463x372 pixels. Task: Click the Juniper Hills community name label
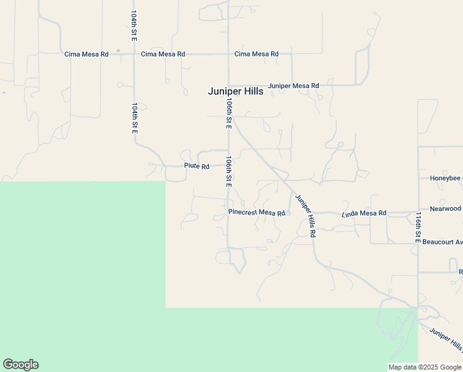pos(235,91)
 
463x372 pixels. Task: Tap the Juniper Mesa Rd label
pos(293,86)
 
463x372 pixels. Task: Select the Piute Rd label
pos(197,166)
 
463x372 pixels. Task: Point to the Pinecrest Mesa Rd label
pos(257,213)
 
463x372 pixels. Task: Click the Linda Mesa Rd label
pos(364,213)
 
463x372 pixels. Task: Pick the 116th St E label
pos(418,228)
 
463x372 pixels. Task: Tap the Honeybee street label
pos(446,178)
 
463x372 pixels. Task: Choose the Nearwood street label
pos(446,209)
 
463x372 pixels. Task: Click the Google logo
pos(20,365)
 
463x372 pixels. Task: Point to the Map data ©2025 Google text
pos(425,367)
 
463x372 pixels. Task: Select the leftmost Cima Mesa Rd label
pos(87,55)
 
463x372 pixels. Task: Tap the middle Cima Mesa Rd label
pos(163,55)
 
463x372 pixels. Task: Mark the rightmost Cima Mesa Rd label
pos(256,55)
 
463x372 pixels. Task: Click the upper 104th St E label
pos(134,26)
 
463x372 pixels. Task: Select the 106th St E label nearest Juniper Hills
pos(229,113)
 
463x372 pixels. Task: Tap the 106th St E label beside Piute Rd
pos(229,172)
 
